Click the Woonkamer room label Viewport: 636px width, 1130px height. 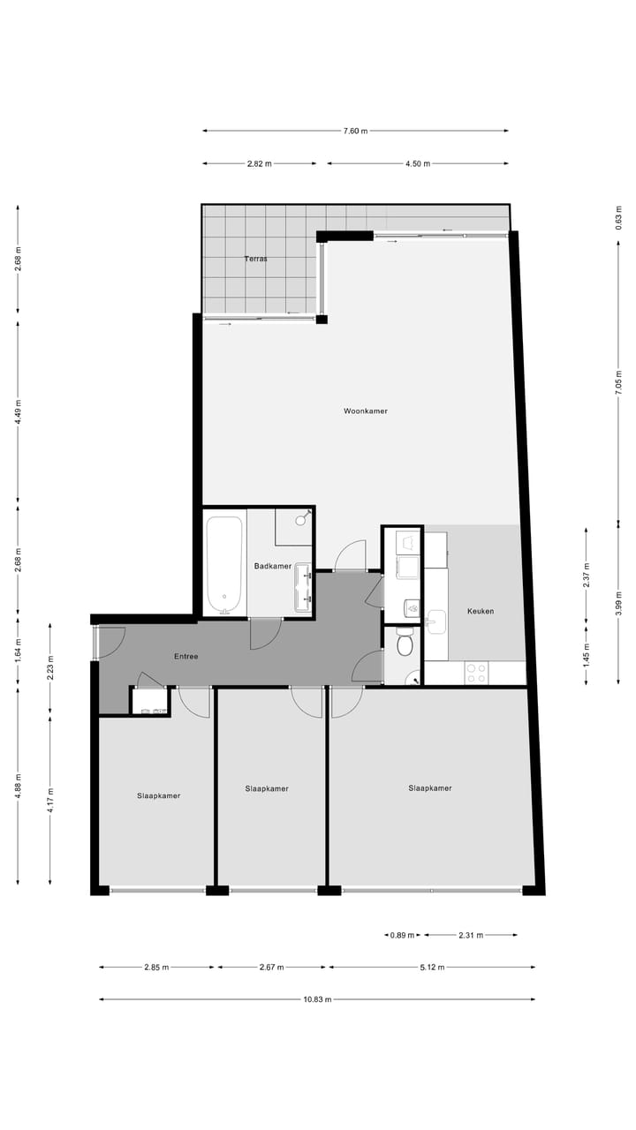click(366, 411)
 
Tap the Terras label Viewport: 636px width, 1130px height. click(256, 260)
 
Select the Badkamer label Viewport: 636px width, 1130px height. click(272, 567)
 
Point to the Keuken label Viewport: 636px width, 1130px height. click(481, 612)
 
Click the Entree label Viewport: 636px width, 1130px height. click(185, 657)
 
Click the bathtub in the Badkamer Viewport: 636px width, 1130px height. click(224, 564)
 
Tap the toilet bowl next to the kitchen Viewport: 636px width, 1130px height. click(405, 644)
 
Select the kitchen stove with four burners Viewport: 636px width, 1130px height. click(476, 673)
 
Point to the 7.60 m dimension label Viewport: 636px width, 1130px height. click(355, 132)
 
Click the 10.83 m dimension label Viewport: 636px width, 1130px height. click(317, 1000)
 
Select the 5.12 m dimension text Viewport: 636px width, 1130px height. click(432, 968)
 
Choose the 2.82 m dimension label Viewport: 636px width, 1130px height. click(259, 164)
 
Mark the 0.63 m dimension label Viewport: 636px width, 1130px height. click(618, 217)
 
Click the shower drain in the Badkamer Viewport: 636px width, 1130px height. click(300, 521)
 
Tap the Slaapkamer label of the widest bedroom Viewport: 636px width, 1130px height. click(430, 788)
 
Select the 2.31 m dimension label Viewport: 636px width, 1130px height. click(471, 936)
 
